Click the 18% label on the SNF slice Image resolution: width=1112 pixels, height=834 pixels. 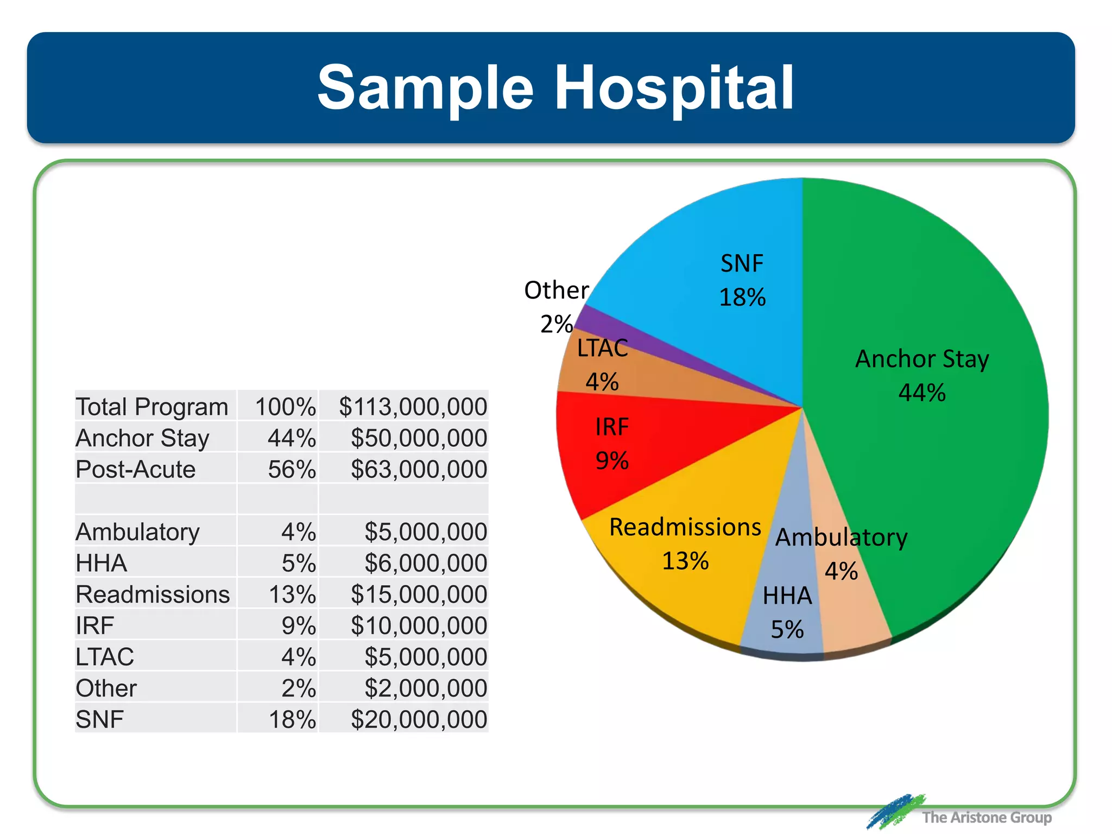tap(742, 298)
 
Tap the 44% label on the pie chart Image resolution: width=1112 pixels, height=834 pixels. tap(922, 393)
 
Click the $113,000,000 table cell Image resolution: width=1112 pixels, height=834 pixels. tap(413, 407)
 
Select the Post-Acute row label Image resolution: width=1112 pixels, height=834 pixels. tap(136, 469)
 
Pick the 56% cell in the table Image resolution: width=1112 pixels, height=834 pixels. tap(292, 469)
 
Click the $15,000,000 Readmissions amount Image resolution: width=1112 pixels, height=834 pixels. tap(419, 594)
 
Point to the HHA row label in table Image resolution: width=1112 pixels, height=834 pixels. tap(102, 563)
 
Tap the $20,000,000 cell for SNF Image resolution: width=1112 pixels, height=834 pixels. tap(419, 719)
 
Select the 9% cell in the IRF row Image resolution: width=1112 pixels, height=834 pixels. tap(298, 625)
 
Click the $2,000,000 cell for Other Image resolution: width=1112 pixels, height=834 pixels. tap(425, 688)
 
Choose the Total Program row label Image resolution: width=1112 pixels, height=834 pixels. tap(152, 407)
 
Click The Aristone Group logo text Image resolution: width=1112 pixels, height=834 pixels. tap(987, 817)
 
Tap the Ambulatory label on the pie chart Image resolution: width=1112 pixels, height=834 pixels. tap(841, 538)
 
